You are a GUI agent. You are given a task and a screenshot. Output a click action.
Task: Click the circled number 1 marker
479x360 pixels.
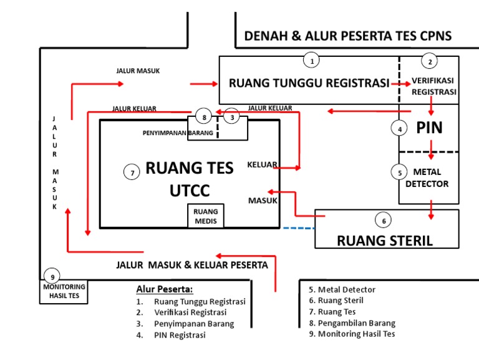point(311,61)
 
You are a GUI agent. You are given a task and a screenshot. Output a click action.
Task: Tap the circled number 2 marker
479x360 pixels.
point(428,61)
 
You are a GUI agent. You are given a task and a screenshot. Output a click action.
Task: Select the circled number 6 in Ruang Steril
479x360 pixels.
point(384,220)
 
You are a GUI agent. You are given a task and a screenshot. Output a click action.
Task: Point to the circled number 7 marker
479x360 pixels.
point(131,172)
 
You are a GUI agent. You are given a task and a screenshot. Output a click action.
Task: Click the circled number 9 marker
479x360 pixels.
point(53,277)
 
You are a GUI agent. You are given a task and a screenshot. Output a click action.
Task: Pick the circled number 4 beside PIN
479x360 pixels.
point(399,129)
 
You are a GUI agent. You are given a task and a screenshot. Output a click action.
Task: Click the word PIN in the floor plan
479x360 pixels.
point(429,127)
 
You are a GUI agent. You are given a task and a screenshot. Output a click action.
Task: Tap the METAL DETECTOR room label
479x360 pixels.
point(427,177)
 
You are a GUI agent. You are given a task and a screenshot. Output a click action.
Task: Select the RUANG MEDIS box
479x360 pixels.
point(206,216)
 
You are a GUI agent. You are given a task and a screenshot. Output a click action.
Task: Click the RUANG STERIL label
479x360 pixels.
point(384,241)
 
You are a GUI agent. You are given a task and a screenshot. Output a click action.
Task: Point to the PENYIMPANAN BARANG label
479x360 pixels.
point(178,132)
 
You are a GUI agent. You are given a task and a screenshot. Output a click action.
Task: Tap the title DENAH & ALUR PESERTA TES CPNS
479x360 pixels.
point(348,36)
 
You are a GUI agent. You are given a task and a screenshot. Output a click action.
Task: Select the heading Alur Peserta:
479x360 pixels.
point(165,289)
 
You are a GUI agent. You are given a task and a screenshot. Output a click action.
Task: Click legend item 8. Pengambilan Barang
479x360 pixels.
point(352,322)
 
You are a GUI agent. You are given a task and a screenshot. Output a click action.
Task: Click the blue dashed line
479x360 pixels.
point(298,227)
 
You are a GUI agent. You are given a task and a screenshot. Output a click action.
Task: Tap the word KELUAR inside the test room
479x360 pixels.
point(262,165)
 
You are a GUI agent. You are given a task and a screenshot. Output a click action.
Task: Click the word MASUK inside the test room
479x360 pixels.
point(263,201)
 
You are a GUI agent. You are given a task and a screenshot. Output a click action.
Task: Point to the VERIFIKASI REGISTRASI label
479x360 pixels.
point(433,86)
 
